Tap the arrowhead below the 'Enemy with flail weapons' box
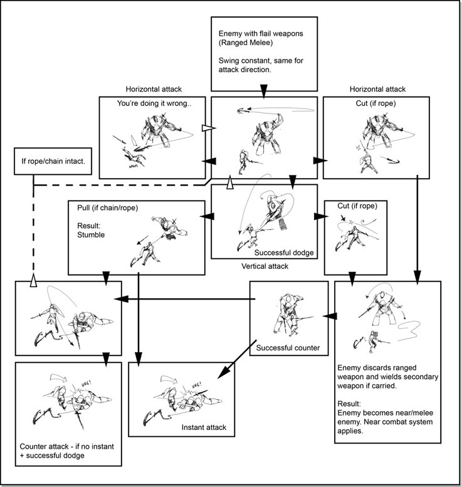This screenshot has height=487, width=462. (263, 93)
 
